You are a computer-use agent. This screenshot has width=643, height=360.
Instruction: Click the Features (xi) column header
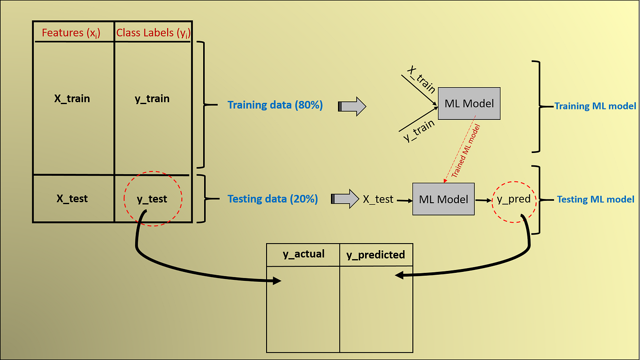pyautogui.click(x=71, y=33)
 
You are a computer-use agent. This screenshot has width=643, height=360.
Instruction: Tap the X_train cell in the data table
pyautogui.click(x=72, y=99)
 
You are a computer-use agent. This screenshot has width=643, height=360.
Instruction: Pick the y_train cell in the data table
pyautogui.click(x=152, y=99)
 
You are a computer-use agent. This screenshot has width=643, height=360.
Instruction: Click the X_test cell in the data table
pyautogui.click(x=72, y=198)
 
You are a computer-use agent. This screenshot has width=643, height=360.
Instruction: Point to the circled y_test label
pyautogui.click(x=152, y=199)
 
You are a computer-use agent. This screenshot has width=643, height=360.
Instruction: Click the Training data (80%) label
pyautogui.click(x=275, y=105)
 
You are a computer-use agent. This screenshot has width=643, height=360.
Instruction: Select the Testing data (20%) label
pyautogui.click(x=273, y=199)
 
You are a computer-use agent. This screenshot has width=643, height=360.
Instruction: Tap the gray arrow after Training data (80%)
pyautogui.click(x=352, y=107)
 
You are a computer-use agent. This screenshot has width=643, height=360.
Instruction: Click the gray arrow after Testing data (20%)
pyautogui.click(x=345, y=199)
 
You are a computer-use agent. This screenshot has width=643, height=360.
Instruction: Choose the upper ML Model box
pyautogui.click(x=469, y=103)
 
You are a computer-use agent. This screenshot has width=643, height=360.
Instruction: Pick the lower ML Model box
pyautogui.click(x=443, y=199)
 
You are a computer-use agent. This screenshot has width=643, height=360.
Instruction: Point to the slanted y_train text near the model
pyautogui.click(x=419, y=130)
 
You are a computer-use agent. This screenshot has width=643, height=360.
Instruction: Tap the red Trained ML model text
pyautogui.click(x=465, y=151)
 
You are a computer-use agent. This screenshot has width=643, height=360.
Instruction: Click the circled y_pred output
pyautogui.click(x=514, y=199)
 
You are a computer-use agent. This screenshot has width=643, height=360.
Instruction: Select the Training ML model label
pyautogui.click(x=595, y=106)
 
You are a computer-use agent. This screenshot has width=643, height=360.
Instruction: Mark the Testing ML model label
pyautogui.click(x=595, y=199)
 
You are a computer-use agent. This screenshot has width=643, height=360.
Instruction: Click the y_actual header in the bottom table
pyautogui.click(x=304, y=254)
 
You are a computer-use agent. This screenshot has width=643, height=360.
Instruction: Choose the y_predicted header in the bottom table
pyautogui.click(x=375, y=255)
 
